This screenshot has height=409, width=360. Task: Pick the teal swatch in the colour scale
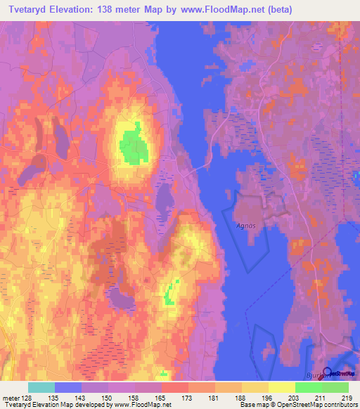pyautogui.click(x=41, y=387)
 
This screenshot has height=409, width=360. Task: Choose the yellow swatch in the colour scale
pyautogui.click(x=281, y=387)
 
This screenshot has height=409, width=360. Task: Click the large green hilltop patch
pyautogui.click(x=133, y=143)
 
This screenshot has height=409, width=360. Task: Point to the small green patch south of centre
pyautogui.click(x=170, y=291)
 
